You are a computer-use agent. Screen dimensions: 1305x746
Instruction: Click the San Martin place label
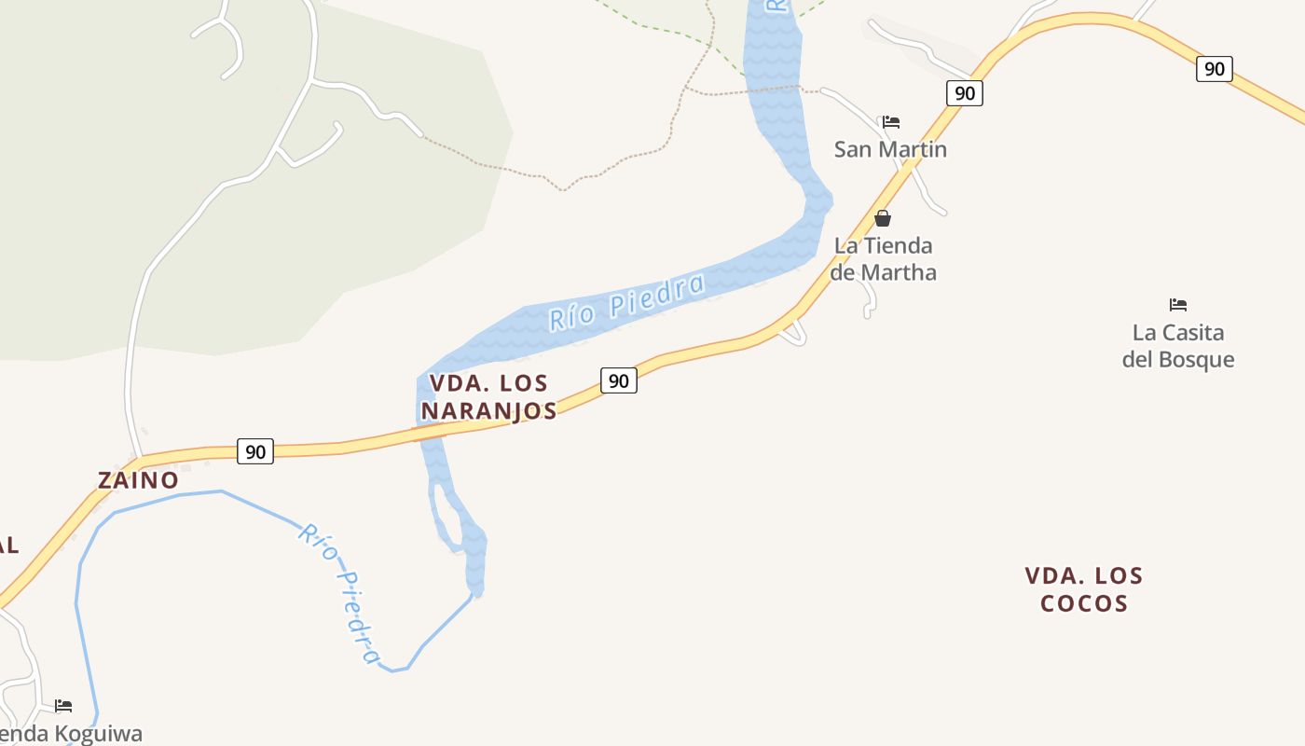click(x=890, y=149)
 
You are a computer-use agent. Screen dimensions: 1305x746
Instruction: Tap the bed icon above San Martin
click(x=891, y=122)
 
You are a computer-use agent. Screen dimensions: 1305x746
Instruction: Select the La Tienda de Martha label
click(x=883, y=258)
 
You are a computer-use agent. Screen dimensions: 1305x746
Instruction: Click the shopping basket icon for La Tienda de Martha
click(x=883, y=218)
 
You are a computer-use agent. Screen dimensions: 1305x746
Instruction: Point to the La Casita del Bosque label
click(x=1178, y=346)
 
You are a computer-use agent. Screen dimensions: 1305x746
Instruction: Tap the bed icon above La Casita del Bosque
click(x=1178, y=305)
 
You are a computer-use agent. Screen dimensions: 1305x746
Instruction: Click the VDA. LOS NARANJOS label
click(x=488, y=396)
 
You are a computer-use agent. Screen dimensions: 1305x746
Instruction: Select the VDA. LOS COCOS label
click(x=1084, y=589)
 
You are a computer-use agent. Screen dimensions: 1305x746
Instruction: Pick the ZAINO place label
click(x=138, y=480)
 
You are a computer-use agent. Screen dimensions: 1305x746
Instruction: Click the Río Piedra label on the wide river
click(x=626, y=300)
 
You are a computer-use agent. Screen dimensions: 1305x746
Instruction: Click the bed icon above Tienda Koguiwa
click(x=63, y=706)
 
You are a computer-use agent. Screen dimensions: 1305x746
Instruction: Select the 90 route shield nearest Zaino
click(x=255, y=452)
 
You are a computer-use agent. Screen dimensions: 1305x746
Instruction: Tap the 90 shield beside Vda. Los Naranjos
click(x=619, y=380)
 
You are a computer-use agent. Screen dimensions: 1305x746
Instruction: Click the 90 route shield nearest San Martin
click(x=965, y=93)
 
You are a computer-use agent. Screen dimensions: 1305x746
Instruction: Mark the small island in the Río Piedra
click(x=447, y=518)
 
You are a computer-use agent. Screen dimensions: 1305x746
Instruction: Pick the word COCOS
click(x=1084, y=603)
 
